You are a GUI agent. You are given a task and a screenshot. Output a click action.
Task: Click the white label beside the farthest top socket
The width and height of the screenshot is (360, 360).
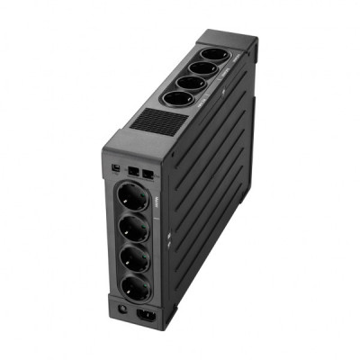(231, 56)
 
